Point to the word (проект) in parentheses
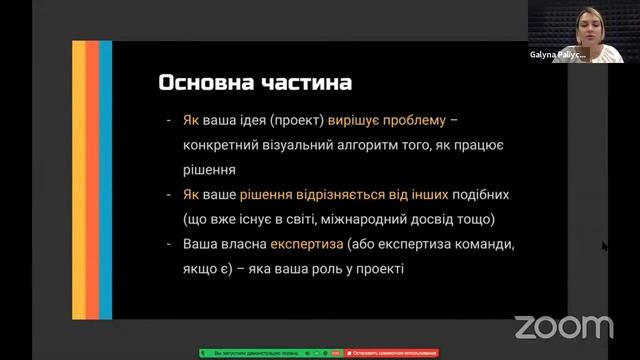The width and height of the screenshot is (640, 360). (x=297, y=120)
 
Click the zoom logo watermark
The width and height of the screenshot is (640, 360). (x=563, y=326)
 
